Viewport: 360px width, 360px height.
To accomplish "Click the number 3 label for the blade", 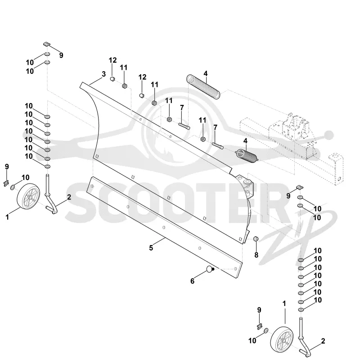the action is click(104, 74).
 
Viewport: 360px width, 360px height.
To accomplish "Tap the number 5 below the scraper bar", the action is click(151, 248).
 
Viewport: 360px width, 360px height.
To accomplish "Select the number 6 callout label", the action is click(193, 281).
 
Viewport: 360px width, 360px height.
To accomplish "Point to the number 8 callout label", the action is click(256, 255).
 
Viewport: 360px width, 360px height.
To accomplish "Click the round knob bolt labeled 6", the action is click(210, 269).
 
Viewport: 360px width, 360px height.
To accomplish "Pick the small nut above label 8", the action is click(255, 239).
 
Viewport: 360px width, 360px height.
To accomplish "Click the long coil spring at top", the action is click(203, 86).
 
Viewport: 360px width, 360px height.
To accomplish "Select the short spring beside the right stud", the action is click(247, 156).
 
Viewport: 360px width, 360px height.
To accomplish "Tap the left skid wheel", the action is click(28, 196).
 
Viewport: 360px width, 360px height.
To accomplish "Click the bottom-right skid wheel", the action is click(282, 339).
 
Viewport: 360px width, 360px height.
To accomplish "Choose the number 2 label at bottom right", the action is click(323, 341).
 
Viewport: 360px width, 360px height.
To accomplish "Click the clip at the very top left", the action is click(47, 44).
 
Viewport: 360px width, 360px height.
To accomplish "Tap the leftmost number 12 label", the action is click(113, 60).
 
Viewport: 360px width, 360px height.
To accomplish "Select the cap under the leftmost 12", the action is click(112, 79).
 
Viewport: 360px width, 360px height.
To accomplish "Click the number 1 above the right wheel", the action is click(284, 303).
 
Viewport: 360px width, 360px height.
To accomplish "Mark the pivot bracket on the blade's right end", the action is click(245, 186).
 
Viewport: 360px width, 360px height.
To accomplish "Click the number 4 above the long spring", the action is click(206, 73).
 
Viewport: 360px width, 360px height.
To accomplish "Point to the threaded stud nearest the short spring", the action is click(218, 146).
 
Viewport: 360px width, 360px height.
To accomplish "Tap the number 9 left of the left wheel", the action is click(7, 166).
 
